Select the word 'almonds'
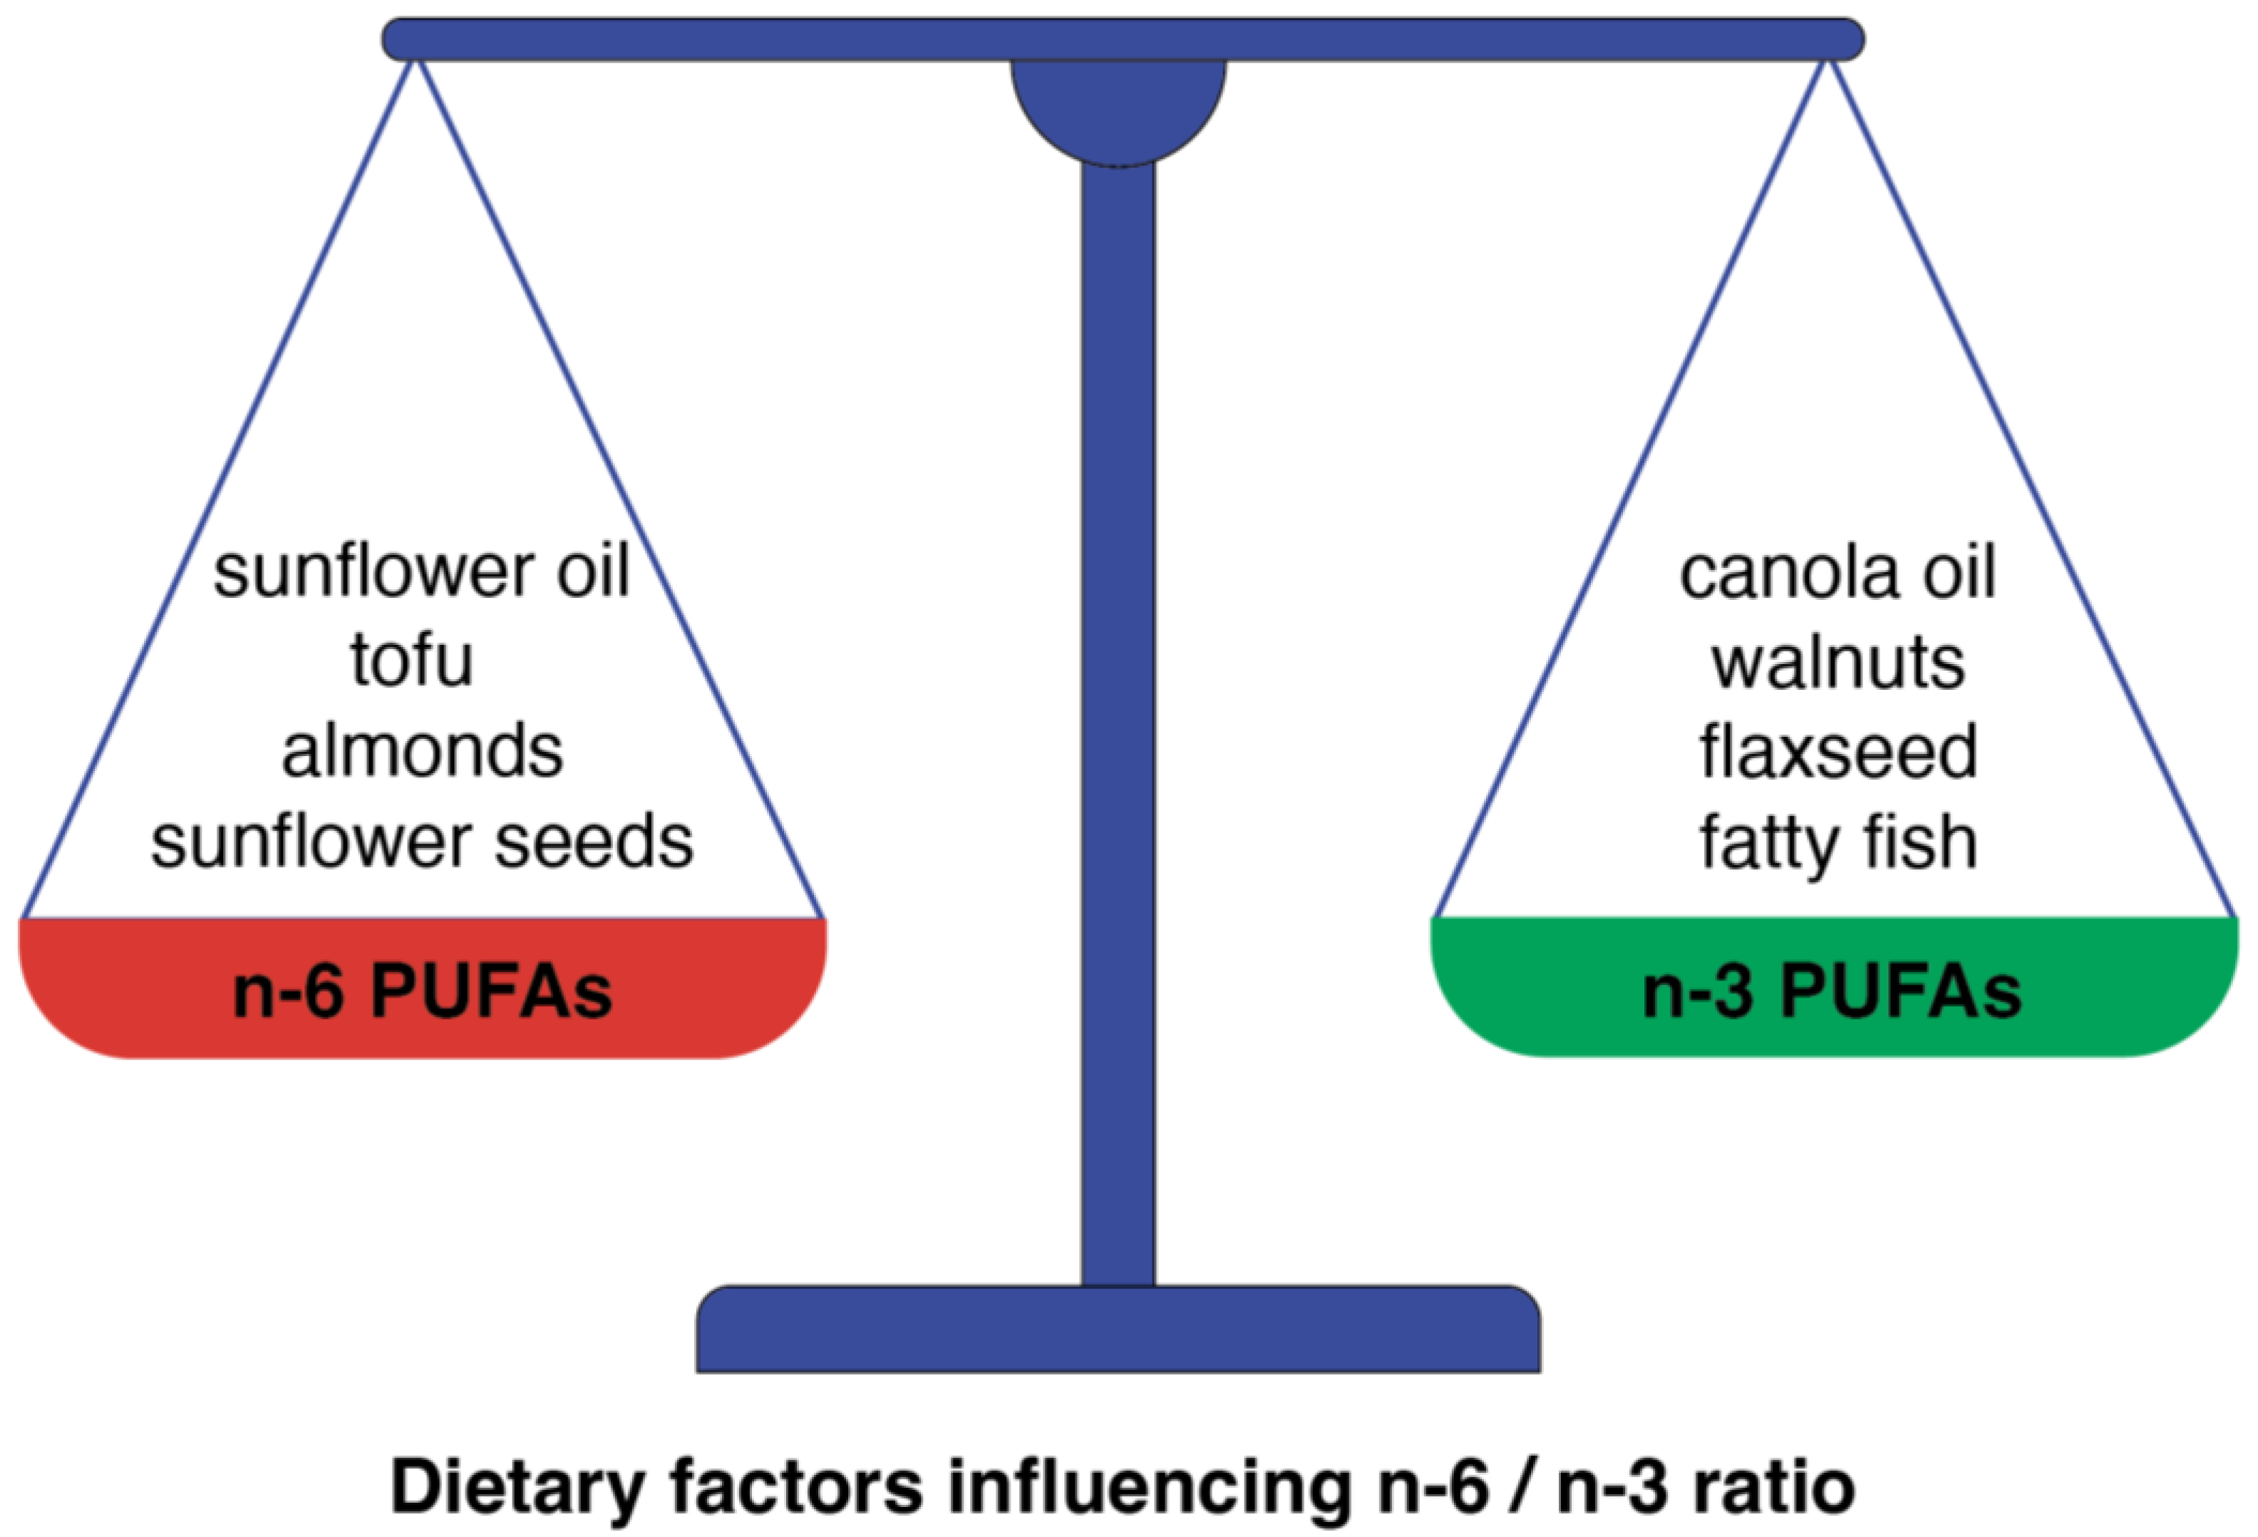click(x=422, y=751)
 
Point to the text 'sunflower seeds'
click(x=422, y=842)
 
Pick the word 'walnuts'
click(x=1837, y=663)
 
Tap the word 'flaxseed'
click(x=1837, y=752)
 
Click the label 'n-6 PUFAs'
click(x=422, y=993)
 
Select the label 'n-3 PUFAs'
click(x=1832, y=993)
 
